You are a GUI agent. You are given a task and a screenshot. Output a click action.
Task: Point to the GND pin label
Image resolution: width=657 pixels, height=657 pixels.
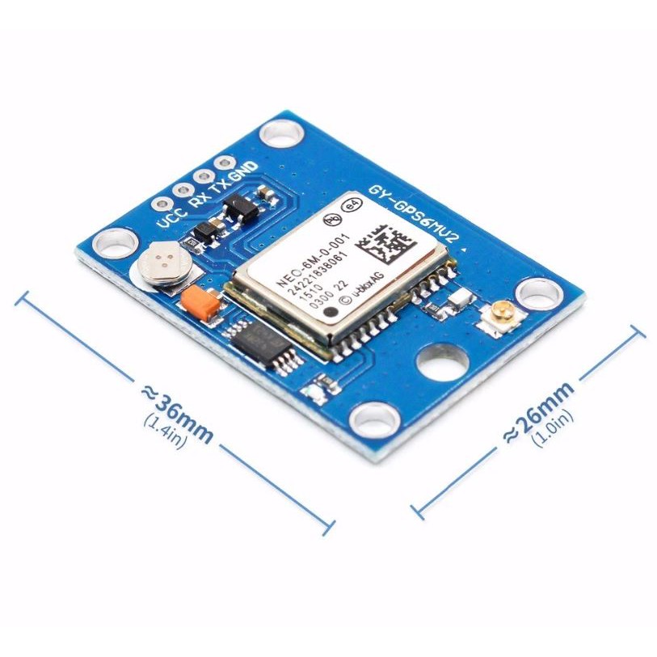point(242,171)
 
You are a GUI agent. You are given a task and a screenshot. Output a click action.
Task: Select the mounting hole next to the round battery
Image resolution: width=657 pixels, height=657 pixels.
point(114,242)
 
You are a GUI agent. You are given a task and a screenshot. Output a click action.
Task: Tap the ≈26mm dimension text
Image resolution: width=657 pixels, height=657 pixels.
point(538,411)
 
